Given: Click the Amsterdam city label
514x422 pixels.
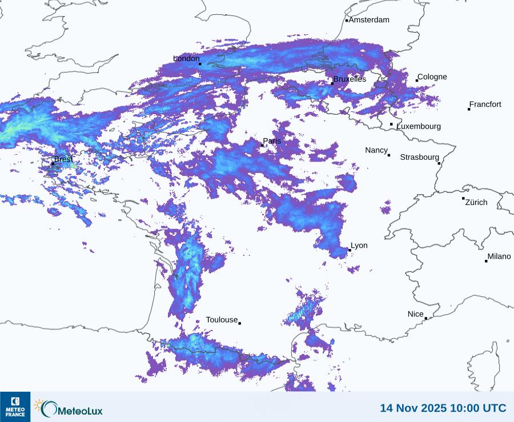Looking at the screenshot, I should pos(369,20).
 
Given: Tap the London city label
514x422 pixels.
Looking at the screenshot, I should pos(186,59).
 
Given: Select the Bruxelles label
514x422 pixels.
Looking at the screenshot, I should pos(350,79).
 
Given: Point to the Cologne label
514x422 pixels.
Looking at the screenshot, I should pos(432,77).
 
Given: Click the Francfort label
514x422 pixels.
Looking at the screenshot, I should pos(485,105).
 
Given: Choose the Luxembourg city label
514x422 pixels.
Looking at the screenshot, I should pos(419,126).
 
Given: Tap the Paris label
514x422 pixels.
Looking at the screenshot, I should pos(272,141).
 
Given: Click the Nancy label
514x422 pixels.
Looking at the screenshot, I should pos(376,150).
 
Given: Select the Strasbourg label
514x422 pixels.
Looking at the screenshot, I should pos(419,157).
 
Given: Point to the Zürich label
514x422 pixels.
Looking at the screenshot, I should pos(476,202).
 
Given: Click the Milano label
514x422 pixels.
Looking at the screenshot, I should pos(499,256).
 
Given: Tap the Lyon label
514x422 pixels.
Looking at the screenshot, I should pos(359,246).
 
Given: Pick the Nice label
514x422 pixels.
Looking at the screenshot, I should pos(415,314).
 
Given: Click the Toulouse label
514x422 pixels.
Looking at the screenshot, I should pos(222,320).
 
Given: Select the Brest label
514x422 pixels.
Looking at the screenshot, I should pos(63,159).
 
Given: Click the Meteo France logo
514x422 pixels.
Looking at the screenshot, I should pos(15,407).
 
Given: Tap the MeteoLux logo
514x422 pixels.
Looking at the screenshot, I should pos(69,408).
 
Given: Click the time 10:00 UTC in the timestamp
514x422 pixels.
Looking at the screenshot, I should pos(477,408).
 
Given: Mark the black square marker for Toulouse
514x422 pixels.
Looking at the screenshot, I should pos(239,323).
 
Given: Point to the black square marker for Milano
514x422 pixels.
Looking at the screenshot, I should pos(486,261).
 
